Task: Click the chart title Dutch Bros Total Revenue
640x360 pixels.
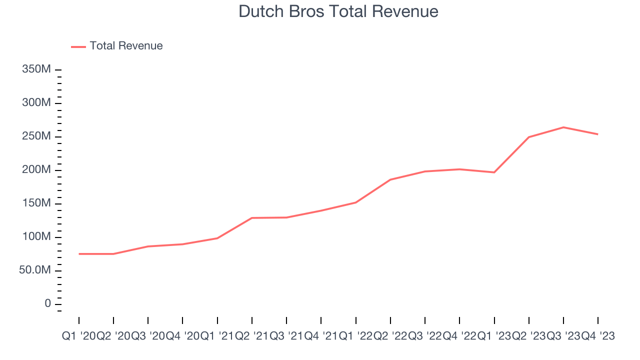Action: coord(338,11)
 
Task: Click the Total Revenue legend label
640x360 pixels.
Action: coord(126,46)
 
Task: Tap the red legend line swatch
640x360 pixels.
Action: coord(78,46)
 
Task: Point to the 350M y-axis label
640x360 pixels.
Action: coord(36,69)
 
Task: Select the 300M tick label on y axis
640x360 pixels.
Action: coord(36,103)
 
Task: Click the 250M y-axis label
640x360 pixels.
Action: coord(36,136)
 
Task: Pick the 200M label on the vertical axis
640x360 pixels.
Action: coord(36,170)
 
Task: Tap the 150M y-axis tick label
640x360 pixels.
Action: coord(36,203)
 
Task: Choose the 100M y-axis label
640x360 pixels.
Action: coord(36,237)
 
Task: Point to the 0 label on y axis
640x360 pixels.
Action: coord(47,304)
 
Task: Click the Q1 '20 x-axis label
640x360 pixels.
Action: coord(79,336)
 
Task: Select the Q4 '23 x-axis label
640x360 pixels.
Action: coord(598,336)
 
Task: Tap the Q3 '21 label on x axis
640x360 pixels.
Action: coord(286,336)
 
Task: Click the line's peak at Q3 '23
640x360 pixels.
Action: coord(563,127)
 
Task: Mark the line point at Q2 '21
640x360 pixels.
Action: coord(252,218)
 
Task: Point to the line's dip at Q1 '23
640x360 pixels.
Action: coord(494,172)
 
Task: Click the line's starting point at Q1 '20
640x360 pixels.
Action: coord(79,254)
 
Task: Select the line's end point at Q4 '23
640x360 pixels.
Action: coord(598,134)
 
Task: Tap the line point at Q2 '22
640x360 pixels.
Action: coord(390,179)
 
